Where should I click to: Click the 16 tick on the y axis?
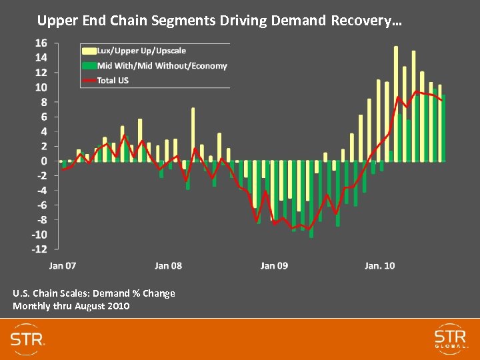[x=41, y=43]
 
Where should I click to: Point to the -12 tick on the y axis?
[x=39, y=249]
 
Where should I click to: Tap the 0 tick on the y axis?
[x=43, y=161]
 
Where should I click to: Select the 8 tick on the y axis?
[x=43, y=102]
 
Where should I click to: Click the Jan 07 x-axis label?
[x=63, y=265]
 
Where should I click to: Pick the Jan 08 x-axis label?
[x=168, y=265]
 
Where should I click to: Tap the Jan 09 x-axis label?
[x=274, y=265]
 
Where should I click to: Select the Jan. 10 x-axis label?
[x=379, y=265]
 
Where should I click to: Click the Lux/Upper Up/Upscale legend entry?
[x=141, y=51]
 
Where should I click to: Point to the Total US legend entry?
[x=113, y=80]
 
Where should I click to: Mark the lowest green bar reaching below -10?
[x=311, y=200]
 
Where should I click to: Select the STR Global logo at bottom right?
[x=450, y=338]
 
